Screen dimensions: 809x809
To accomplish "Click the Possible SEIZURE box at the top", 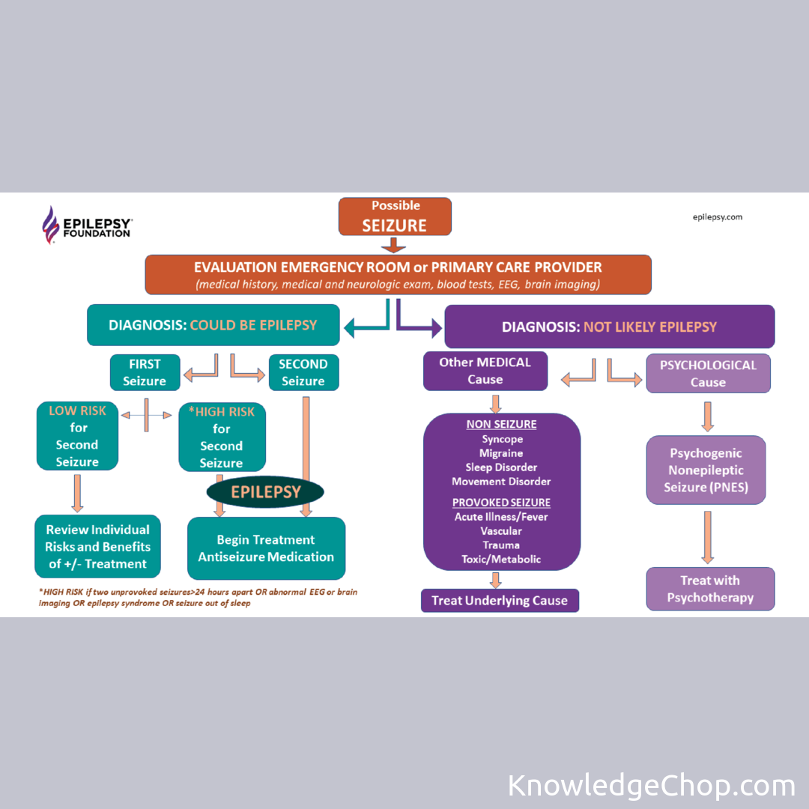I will [x=395, y=216].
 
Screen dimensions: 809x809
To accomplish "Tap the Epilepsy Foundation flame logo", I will [x=50, y=225].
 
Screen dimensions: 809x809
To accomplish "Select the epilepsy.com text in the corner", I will [x=717, y=217].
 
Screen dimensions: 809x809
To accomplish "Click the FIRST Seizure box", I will [x=145, y=372].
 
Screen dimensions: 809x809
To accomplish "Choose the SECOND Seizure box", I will [x=303, y=372].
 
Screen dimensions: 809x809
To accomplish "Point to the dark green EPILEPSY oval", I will [x=266, y=492].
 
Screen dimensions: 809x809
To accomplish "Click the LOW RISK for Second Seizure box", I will [x=77, y=436].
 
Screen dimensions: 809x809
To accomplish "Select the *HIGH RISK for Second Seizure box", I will [x=222, y=437].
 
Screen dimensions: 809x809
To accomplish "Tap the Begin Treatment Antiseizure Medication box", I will [x=266, y=548].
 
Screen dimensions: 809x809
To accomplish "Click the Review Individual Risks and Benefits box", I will [x=97, y=547].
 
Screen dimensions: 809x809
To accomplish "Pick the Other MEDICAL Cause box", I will [x=485, y=371].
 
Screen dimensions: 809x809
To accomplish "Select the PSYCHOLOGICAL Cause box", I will [x=708, y=373].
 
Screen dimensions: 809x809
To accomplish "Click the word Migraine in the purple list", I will [x=501, y=453].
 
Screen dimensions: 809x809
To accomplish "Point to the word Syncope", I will [x=502, y=439].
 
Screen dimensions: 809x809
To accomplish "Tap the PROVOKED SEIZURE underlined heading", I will [x=501, y=503].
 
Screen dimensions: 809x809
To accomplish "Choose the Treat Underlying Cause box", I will [x=500, y=601].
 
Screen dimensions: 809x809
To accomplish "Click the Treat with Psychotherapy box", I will [x=710, y=589].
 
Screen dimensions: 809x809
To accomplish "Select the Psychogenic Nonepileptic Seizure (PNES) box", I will [x=706, y=470].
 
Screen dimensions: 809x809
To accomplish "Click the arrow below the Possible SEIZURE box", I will [x=394, y=245].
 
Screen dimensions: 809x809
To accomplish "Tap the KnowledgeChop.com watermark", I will [x=651, y=786].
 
